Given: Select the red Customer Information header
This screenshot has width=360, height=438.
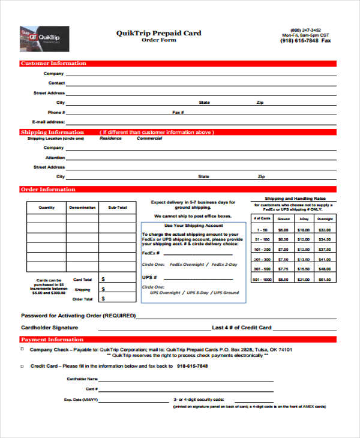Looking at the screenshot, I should (x=53, y=63).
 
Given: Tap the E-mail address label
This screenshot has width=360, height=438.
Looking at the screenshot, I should (x=48, y=122).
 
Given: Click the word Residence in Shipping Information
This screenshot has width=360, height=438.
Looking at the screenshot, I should (x=110, y=138).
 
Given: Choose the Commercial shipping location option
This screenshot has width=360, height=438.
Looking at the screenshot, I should (x=149, y=138).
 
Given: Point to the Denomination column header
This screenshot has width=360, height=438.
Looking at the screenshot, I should (x=82, y=208).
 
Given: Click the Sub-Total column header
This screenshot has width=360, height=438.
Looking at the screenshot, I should (x=118, y=208).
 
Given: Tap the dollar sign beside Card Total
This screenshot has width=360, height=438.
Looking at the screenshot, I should (x=103, y=279).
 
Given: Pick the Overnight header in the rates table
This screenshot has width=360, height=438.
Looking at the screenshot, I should (x=324, y=219).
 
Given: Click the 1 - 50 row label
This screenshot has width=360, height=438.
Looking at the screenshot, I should (x=262, y=229).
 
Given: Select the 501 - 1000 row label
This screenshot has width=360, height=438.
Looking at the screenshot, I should (x=262, y=279).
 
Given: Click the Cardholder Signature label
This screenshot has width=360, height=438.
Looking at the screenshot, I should (x=50, y=328).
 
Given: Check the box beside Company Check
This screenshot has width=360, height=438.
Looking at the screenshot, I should (x=23, y=349).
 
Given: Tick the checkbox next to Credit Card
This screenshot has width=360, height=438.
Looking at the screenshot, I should (x=23, y=365).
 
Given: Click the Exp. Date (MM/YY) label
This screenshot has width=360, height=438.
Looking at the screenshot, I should (x=81, y=399).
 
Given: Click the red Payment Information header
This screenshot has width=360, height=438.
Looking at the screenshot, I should (x=52, y=340).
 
